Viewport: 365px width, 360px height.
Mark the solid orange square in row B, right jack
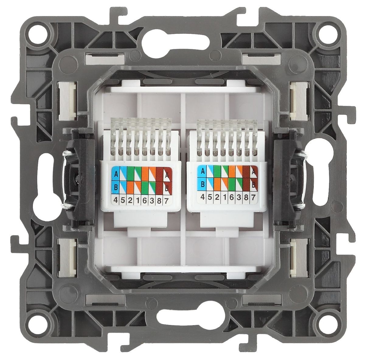tap(217, 183)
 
